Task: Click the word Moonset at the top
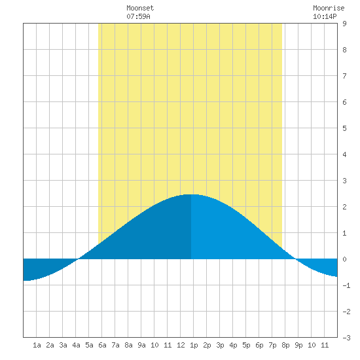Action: [x=140, y=8]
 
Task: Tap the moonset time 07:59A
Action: [x=138, y=16]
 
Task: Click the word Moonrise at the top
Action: [x=329, y=8]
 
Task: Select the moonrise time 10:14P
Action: [x=325, y=16]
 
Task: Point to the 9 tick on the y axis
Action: [x=344, y=24]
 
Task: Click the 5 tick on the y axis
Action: [x=344, y=128]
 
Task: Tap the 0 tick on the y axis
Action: [x=344, y=259]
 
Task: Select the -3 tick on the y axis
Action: [x=346, y=338]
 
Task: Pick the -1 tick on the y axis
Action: [x=346, y=285]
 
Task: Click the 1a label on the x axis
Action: [x=37, y=345]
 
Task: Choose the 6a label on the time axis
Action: [x=102, y=345]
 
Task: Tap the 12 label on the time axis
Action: [x=181, y=345]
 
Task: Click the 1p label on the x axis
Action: [x=194, y=345]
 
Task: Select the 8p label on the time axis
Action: [x=285, y=345]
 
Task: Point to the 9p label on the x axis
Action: [x=298, y=345]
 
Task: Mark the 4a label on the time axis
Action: [x=76, y=345]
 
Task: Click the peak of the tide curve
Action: [x=191, y=194]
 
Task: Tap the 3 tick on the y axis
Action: [x=344, y=181]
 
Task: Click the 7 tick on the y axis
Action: [x=344, y=76]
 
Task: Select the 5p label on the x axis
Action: [x=246, y=345]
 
